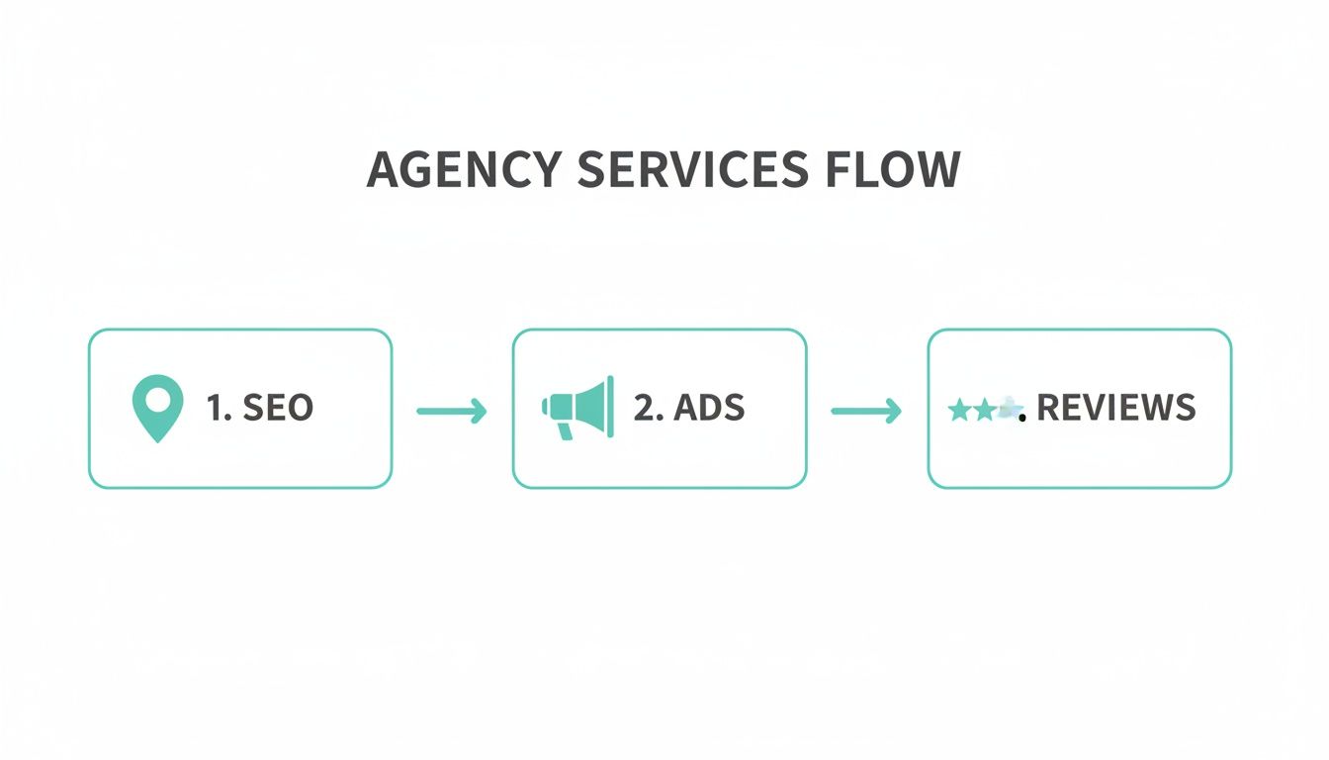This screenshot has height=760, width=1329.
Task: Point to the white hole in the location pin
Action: coord(157,399)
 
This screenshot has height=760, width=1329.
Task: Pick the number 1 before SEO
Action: coord(216,408)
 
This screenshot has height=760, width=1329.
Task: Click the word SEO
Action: coord(277,408)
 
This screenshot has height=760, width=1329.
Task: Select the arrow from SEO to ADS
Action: coord(452,410)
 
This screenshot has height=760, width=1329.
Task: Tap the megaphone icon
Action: coord(577,407)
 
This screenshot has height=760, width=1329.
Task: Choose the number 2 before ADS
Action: coord(644,408)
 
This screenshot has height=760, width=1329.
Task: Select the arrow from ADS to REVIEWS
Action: coord(866,410)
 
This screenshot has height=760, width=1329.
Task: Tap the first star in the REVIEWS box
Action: coord(958,410)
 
